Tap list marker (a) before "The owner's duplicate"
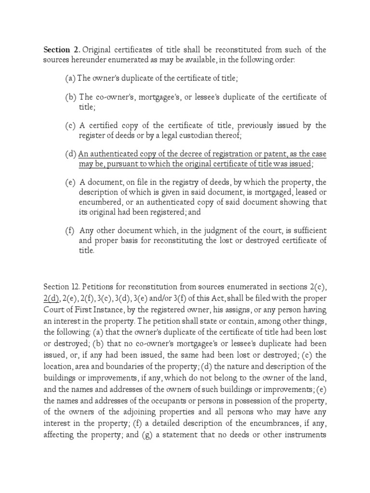[x=70, y=78]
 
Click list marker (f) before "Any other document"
[x=70, y=231]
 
